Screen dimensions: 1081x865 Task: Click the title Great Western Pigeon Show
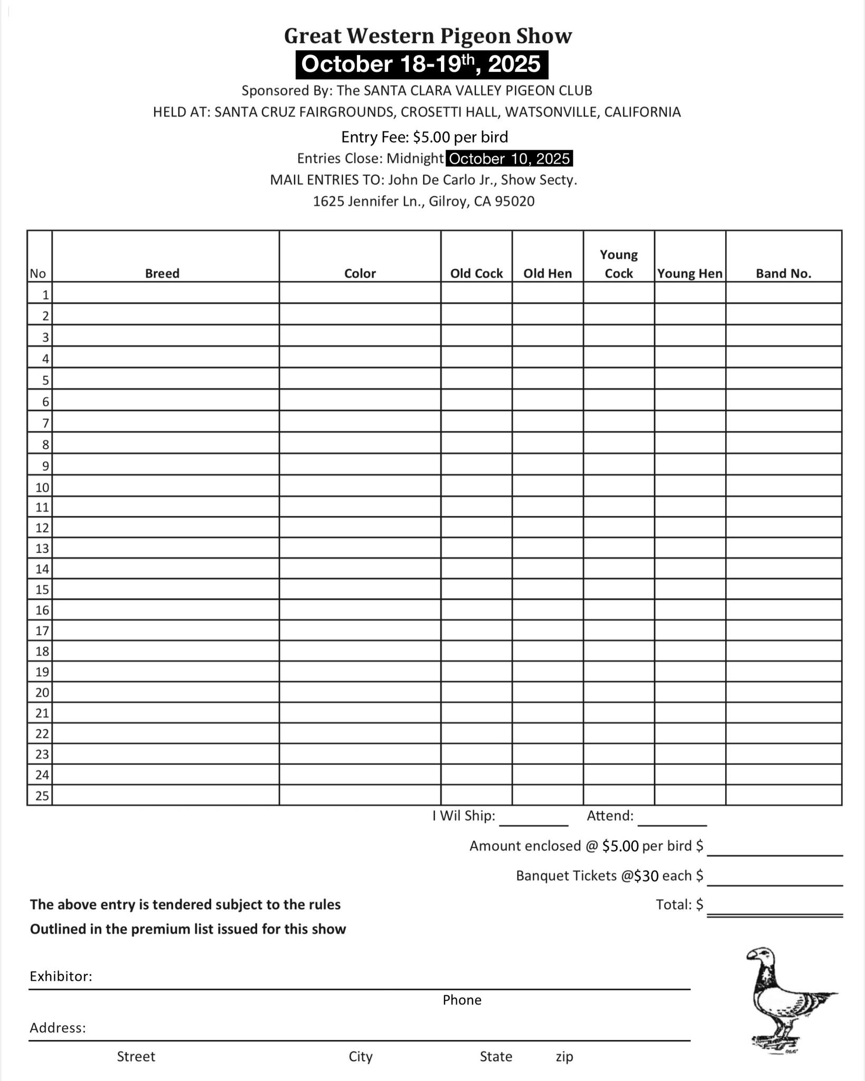[428, 36]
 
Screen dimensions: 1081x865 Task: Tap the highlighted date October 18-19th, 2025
[421, 64]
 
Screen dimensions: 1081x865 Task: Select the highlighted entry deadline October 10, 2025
[510, 158]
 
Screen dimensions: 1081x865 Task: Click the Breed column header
[162, 273]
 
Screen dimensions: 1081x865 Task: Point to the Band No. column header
[783, 273]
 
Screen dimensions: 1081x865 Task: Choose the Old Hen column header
[547, 273]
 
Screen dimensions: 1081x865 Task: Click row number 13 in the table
[42, 548]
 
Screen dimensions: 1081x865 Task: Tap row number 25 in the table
[42, 795]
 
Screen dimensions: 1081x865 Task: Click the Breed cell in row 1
[165, 293]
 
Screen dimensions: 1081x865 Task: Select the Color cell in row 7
[360, 422]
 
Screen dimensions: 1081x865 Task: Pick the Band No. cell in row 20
[783, 692]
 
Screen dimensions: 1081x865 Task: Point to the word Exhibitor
[61, 976]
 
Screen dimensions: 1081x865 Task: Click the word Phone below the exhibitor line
[462, 1000]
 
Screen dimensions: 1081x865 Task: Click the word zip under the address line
[564, 1057]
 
